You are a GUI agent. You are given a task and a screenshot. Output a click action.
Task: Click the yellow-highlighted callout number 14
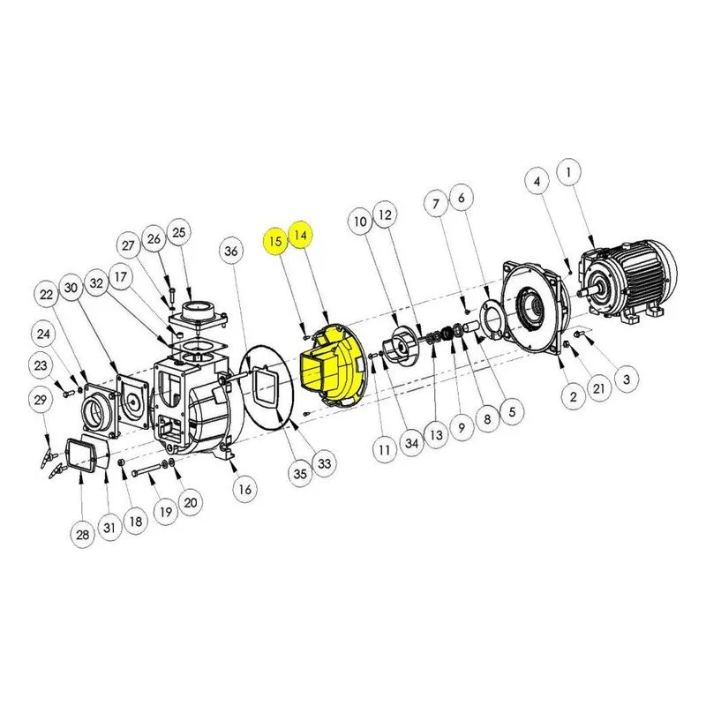click(301, 235)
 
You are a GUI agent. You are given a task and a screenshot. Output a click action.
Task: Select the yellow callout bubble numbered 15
click(275, 241)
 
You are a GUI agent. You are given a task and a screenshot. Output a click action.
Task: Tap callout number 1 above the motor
click(568, 172)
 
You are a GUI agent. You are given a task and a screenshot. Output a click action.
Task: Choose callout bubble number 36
click(230, 251)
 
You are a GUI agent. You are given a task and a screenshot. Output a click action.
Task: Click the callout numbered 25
click(179, 232)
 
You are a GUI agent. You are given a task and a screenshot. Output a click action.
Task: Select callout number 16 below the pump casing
click(244, 489)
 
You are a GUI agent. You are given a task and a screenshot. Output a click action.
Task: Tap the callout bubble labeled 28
click(82, 535)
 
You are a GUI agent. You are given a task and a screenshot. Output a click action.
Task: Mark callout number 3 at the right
click(627, 379)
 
